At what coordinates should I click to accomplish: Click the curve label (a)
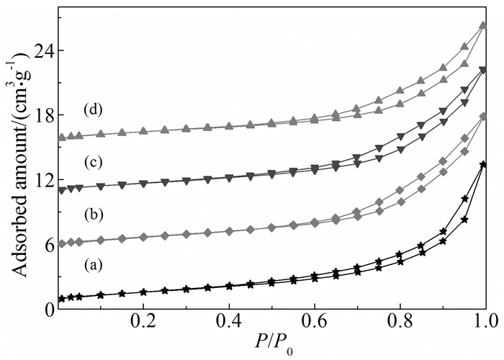point(90,265)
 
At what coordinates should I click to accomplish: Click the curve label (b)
point(90,215)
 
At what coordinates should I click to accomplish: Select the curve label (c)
point(90,161)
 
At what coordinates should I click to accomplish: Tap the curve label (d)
point(90,110)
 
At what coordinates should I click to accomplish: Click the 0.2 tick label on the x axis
point(144,325)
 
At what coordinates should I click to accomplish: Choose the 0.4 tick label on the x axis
point(229,325)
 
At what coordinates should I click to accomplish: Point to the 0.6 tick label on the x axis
point(314,325)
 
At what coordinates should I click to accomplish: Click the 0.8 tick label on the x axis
point(399,325)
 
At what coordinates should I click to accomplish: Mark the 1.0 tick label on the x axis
point(483,325)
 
